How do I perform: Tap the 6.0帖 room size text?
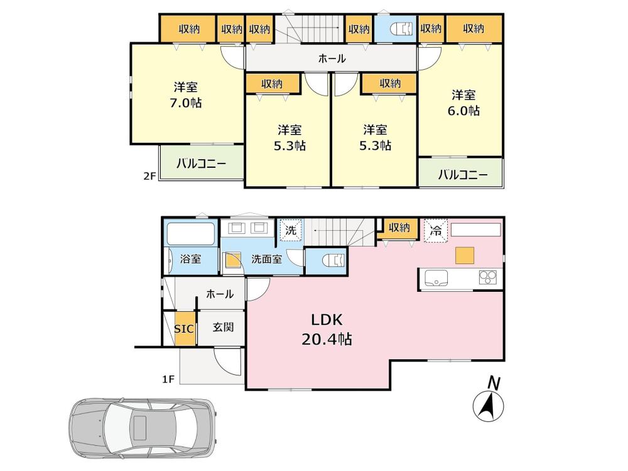[x=463, y=110]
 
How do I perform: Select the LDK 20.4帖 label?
[x=327, y=330]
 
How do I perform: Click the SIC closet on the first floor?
[x=185, y=329]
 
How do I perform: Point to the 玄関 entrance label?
[x=223, y=327]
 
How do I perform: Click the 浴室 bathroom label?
[x=190, y=259]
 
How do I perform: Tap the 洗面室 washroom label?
[x=267, y=259]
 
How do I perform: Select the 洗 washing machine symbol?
[x=291, y=230]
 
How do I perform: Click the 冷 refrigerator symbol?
[x=436, y=231]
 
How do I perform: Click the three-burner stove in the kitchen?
[x=488, y=277]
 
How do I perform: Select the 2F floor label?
[x=149, y=176]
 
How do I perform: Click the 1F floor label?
[x=168, y=379]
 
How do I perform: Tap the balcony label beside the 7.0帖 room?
[x=202, y=163]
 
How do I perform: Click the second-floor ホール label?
[x=332, y=59]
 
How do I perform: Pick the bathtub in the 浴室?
[x=190, y=233]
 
